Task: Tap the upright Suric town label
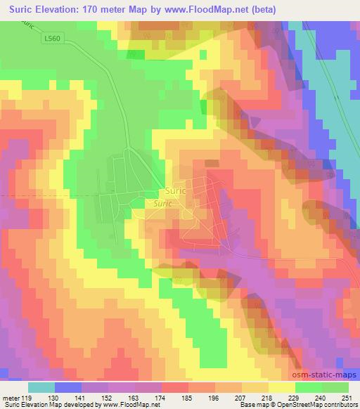pyautogui.click(x=176, y=190)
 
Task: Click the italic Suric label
pyautogui.click(x=158, y=202)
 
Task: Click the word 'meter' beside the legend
pyautogui.click(x=11, y=398)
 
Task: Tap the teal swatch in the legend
pyautogui.click(x=41, y=387)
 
